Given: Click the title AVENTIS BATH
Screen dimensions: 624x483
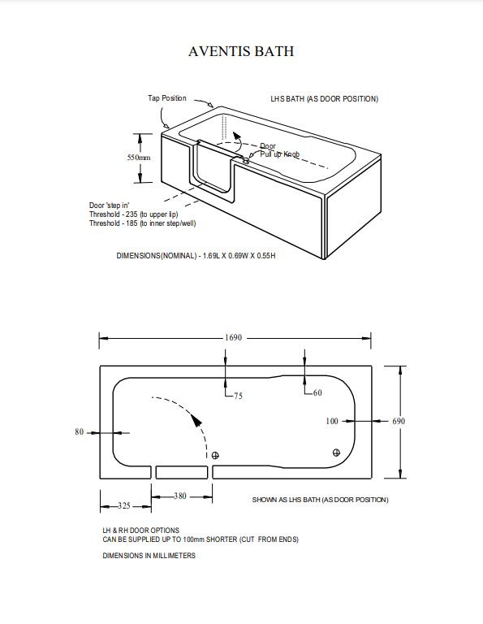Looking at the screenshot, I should [x=241, y=52].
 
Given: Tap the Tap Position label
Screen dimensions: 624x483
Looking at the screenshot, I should [x=166, y=98].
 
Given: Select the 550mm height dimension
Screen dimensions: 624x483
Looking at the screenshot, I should [x=139, y=158].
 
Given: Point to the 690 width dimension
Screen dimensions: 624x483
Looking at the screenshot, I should [x=398, y=421].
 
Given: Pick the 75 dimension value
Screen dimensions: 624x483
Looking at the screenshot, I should [x=238, y=396].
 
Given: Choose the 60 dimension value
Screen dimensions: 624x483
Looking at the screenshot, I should [x=317, y=392].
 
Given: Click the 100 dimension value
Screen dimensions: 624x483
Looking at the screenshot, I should [x=332, y=421].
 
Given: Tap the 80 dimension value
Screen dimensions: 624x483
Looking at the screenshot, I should [x=80, y=432].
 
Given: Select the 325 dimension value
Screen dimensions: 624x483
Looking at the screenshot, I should [x=123, y=505].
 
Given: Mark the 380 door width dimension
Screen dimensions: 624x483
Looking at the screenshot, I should [x=180, y=496].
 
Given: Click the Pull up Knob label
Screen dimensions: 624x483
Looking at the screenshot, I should [x=280, y=154].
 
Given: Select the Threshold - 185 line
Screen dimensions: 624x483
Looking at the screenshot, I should [x=143, y=223].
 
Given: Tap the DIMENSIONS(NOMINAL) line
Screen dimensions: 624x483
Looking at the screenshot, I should [x=196, y=256].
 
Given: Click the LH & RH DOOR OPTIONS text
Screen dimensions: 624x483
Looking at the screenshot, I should [x=140, y=530].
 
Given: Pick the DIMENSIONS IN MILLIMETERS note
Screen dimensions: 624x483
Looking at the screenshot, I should [x=149, y=556].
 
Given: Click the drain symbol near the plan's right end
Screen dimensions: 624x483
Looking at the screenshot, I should [x=337, y=452].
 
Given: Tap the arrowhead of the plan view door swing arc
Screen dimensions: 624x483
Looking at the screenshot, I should [x=194, y=420].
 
